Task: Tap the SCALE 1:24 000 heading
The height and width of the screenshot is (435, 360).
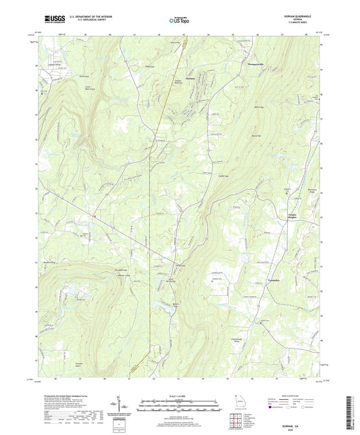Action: pyautogui.click(x=180, y=395)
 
